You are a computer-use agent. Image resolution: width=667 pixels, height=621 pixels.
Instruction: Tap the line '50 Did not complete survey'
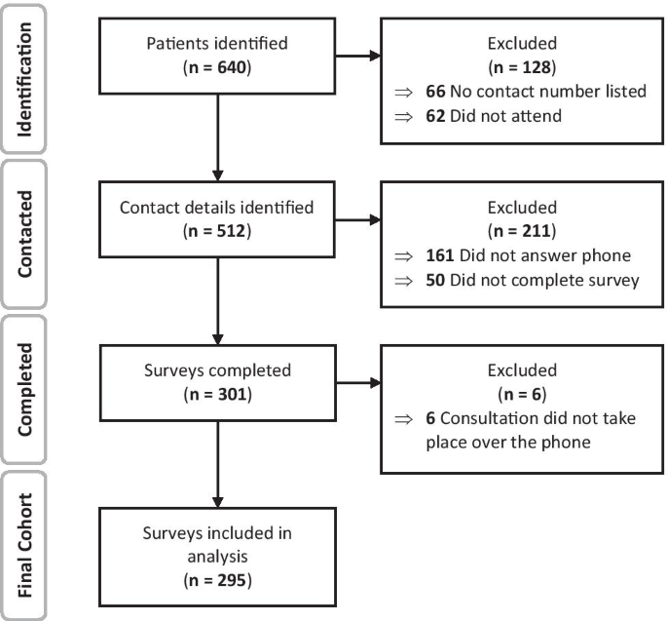512,282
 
